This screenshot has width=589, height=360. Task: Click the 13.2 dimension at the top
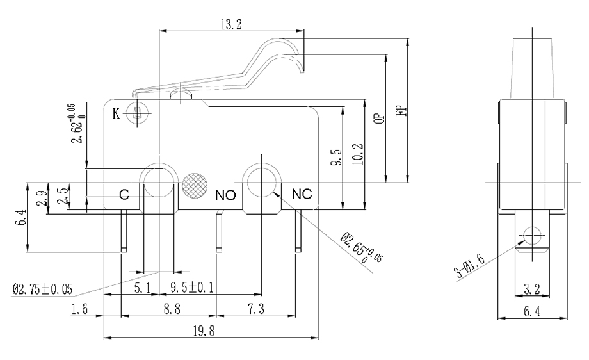click(230, 24)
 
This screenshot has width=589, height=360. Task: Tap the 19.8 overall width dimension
click(210, 331)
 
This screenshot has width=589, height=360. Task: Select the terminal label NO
click(226, 195)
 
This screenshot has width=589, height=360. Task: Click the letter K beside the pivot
click(117, 114)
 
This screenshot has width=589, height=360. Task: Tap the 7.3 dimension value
click(255, 309)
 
